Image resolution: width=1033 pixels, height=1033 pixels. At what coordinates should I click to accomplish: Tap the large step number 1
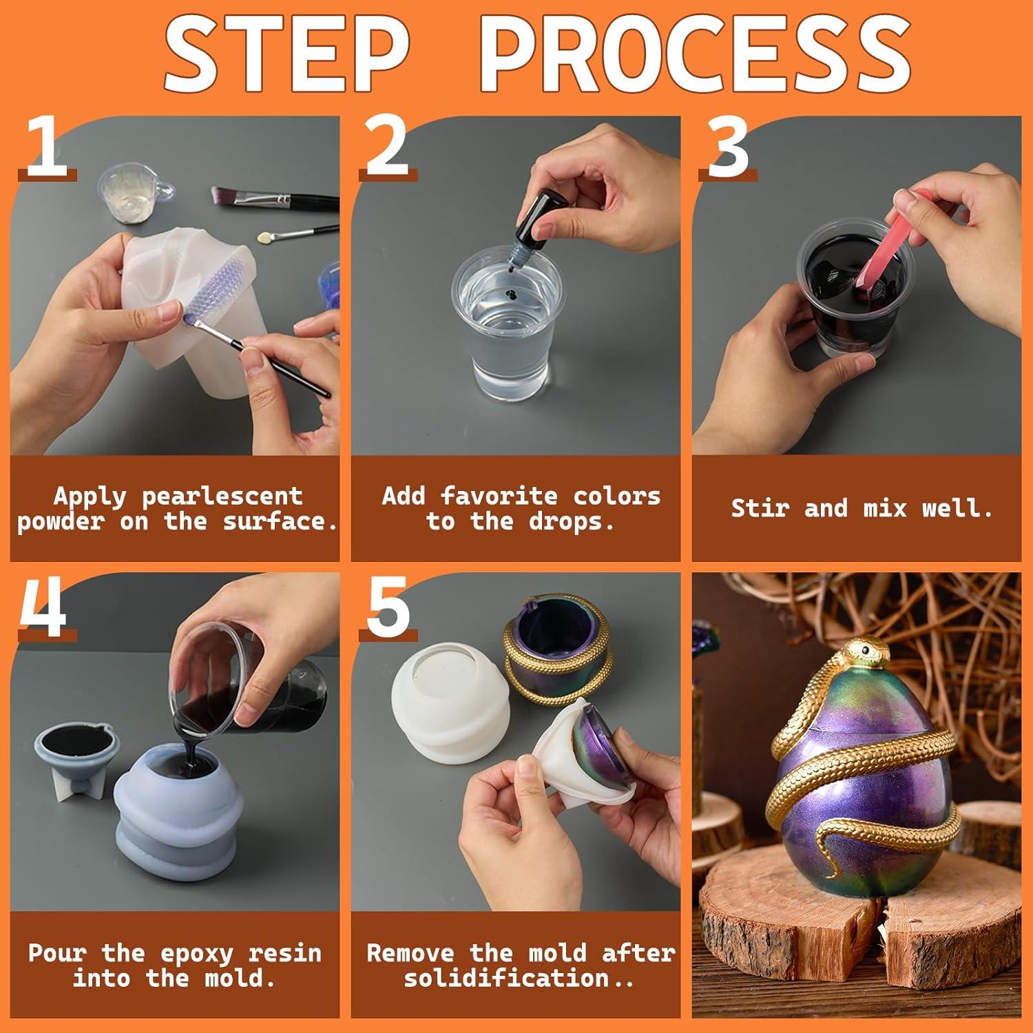[x=46, y=147]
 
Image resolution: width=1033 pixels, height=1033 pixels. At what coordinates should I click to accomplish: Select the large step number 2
[x=387, y=146]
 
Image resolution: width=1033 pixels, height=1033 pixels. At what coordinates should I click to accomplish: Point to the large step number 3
[x=728, y=146]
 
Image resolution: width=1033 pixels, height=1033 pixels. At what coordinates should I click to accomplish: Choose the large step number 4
[x=43, y=606]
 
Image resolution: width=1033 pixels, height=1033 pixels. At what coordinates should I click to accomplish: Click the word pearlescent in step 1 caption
[x=222, y=496]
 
